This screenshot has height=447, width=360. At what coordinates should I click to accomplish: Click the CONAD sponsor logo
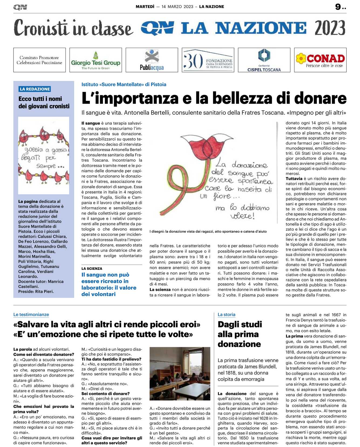tap(320, 60)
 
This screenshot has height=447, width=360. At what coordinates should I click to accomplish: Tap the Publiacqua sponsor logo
tap(152, 60)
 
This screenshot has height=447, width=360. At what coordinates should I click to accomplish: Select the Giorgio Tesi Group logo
tap(95, 60)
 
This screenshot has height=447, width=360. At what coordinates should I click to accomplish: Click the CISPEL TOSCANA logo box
tap(264, 60)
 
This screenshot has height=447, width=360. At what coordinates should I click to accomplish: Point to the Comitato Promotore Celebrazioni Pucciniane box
tap(39, 60)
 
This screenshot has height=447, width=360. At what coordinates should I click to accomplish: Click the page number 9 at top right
tap(338, 7)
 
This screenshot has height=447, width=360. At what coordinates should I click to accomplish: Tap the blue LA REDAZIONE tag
tap(35, 89)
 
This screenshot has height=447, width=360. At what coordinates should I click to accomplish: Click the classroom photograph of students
tap(180, 374)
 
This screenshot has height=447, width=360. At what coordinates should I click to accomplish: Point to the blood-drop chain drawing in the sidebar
tap(44, 155)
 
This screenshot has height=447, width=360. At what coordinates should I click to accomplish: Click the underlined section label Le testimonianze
tap(31, 314)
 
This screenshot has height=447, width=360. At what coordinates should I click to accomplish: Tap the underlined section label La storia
tap(226, 314)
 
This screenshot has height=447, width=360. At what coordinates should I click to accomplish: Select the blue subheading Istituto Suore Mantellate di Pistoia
tap(124, 84)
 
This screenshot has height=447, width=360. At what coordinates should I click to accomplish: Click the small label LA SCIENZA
tap(92, 268)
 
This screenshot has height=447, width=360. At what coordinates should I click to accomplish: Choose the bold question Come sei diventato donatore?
tap(43, 354)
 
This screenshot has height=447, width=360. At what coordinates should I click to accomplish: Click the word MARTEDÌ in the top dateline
tap(145, 6)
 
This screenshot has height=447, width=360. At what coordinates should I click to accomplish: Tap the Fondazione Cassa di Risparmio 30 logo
tap(208, 60)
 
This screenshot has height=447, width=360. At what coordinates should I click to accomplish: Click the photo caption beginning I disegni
tap(208, 231)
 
